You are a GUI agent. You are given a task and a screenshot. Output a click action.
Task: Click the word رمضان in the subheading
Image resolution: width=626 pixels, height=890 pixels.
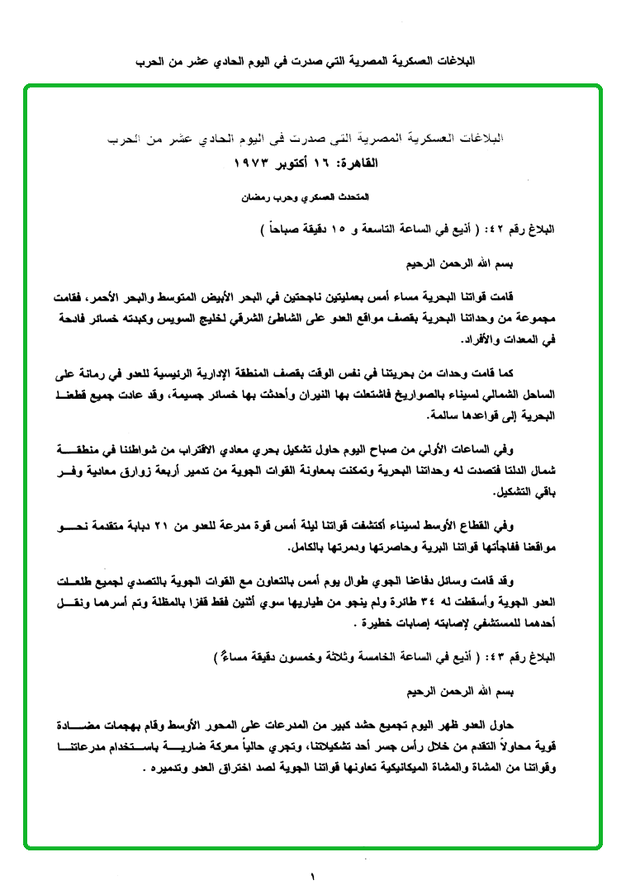[x=256, y=199]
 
